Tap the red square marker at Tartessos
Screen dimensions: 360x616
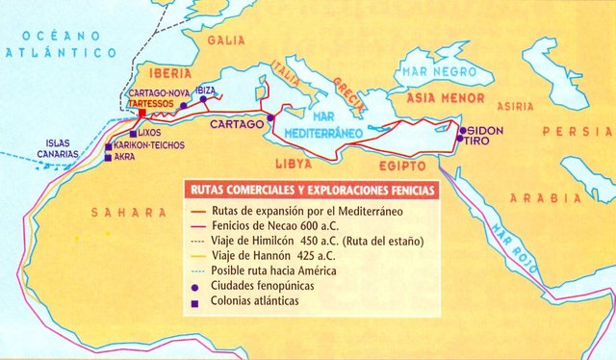[x=142, y=113]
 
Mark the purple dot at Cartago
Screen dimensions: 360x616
[x=270, y=117]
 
